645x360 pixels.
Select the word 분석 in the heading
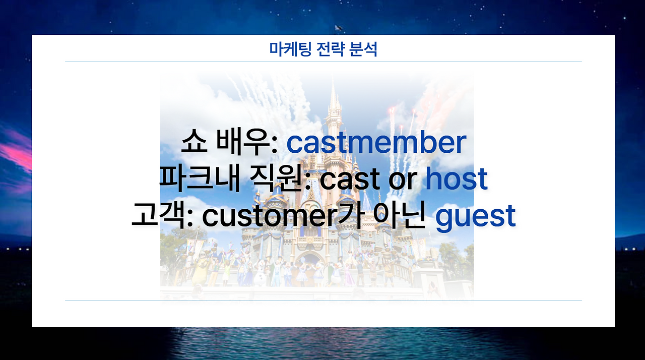click(x=363, y=49)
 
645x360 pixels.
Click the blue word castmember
click(x=376, y=143)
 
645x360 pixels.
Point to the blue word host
click(x=457, y=179)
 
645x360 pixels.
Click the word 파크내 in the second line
click(x=198, y=179)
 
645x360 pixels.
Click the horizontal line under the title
click(x=323, y=62)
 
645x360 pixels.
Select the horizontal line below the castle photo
click(x=323, y=300)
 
